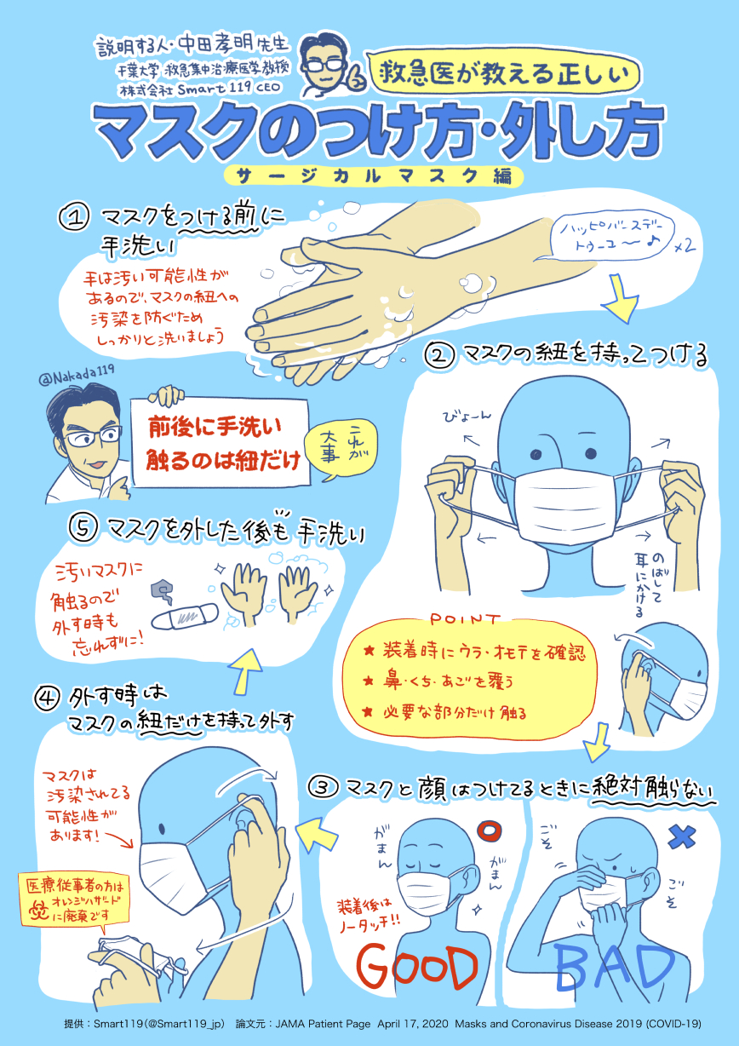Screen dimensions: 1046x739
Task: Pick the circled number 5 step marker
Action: [x=83, y=529]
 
